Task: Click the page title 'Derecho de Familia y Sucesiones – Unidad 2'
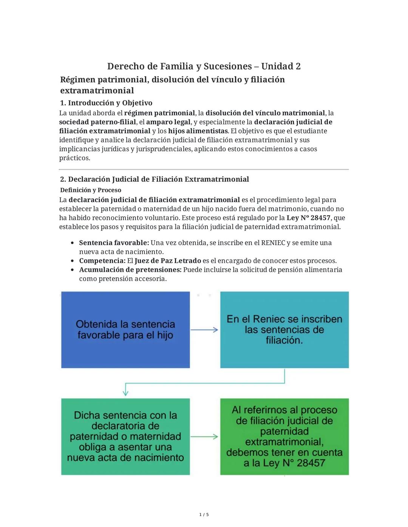coord(204,66)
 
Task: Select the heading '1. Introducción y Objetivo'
coord(106,103)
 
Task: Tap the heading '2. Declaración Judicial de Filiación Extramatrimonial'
coord(155,179)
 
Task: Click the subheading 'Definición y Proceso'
coord(91,190)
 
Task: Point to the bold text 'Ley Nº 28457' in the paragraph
coord(308,218)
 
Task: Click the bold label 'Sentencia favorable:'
coord(114,243)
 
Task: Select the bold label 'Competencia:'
coord(102,261)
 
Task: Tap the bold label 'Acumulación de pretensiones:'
coord(130,270)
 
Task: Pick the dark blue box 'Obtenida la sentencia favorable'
coord(125,330)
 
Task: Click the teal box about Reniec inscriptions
coord(284,330)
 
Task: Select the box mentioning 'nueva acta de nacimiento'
coord(125,436)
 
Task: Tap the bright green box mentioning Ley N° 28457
coord(284,436)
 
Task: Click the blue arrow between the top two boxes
coord(204,330)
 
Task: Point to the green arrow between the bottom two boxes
coord(204,437)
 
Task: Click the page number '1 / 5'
coord(204,515)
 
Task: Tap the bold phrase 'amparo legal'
coord(168,122)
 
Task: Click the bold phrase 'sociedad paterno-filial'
coord(97,122)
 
